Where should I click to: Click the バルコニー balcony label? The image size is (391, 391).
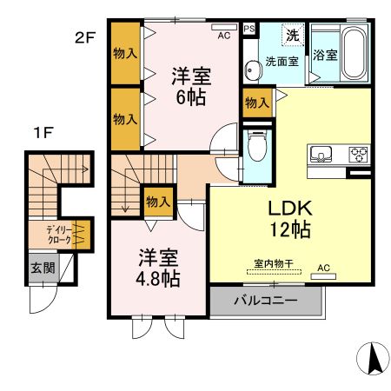(266, 301)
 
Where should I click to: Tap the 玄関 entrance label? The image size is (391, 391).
(40, 268)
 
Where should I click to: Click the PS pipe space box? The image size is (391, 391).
(249, 27)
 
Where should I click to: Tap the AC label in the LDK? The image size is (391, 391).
(323, 268)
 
